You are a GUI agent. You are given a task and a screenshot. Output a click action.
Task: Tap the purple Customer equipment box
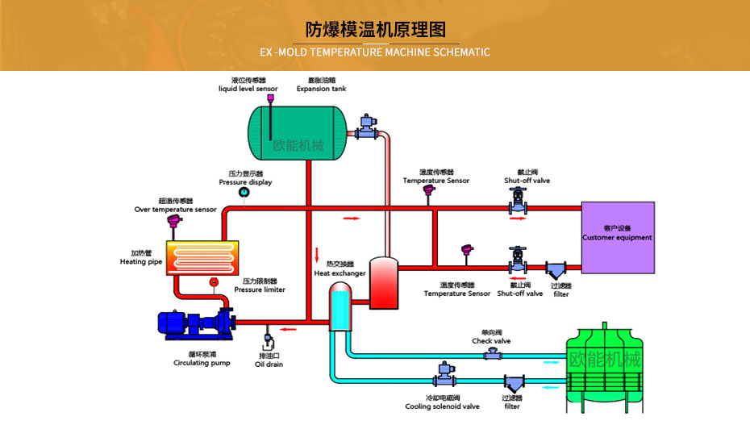[x=618, y=237]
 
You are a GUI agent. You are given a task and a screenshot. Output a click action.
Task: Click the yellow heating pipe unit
[x=203, y=257]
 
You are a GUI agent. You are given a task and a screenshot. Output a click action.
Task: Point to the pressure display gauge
[x=244, y=193]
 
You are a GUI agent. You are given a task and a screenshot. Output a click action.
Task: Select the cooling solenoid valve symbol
[x=443, y=373]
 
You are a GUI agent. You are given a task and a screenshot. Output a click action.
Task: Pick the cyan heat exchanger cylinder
[x=340, y=307]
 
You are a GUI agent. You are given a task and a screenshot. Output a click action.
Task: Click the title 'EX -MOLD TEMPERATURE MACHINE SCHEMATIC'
[x=375, y=52]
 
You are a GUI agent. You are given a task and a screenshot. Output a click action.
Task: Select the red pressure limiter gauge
[x=214, y=281]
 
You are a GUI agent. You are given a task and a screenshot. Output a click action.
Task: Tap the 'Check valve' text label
[x=491, y=341]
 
